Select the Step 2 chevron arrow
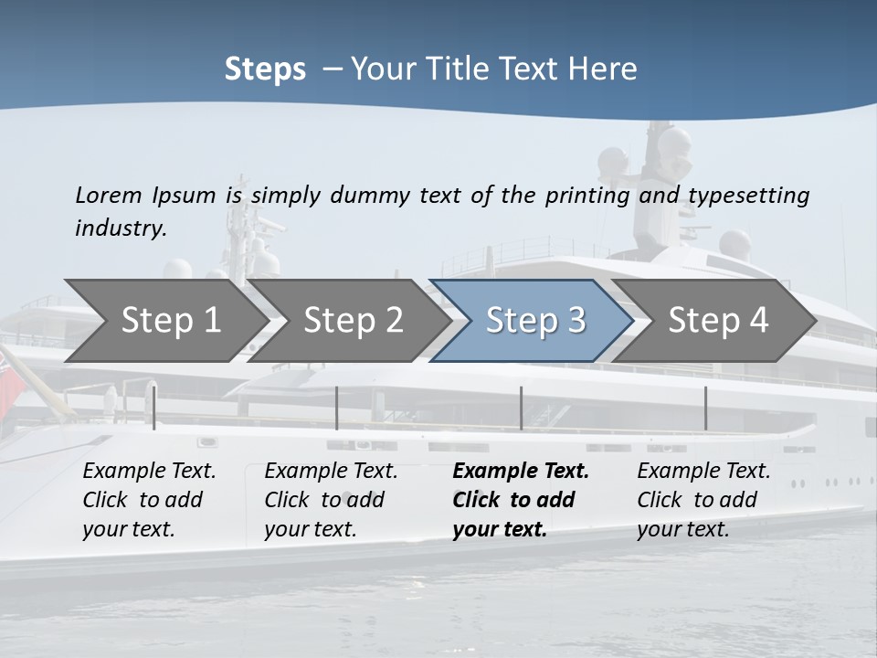coord(353,321)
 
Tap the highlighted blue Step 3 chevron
coord(534,321)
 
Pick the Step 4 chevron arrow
coord(718,321)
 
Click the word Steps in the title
coord(265,69)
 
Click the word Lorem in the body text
coord(108,196)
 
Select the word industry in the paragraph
coord(121,228)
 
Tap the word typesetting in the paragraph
coord(748,196)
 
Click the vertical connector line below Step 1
coord(154,408)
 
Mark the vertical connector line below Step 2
coord(337,408)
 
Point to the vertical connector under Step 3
coord(521,408)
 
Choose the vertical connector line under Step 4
coord(705,408)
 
